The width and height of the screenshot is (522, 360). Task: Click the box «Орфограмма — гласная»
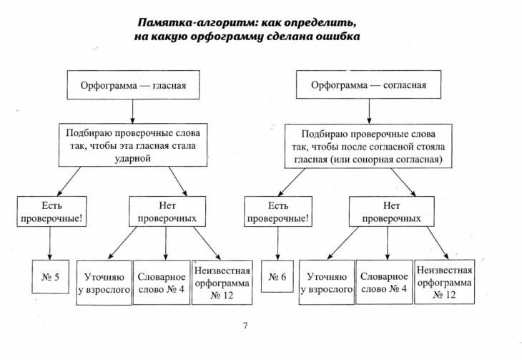pos(133,84)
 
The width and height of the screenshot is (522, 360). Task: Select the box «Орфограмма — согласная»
pos(368,84)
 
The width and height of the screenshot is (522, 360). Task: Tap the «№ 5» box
pos(50,277)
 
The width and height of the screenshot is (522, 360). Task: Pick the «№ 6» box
pos(277,276)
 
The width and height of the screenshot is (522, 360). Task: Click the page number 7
pos(245,326)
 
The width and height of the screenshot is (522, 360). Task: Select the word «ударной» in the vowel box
pos(132,158)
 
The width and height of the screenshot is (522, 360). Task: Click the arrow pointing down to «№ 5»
pos(50,243)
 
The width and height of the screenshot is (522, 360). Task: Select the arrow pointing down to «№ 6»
pos(277,243)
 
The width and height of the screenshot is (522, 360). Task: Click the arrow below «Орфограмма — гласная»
pos(132,112)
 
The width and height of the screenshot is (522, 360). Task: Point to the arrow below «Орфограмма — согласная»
pos(369,112)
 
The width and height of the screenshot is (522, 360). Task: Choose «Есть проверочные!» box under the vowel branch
pos(51,212)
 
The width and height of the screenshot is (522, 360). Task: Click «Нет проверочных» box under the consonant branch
pos(392,212)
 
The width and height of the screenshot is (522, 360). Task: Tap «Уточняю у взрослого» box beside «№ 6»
pos(327,282)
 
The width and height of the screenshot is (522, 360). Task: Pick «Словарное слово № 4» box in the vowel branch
pos(162,283)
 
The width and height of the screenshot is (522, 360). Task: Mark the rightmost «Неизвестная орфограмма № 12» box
pos(445,282)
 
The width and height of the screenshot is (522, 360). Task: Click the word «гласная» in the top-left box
pos(169,85)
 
